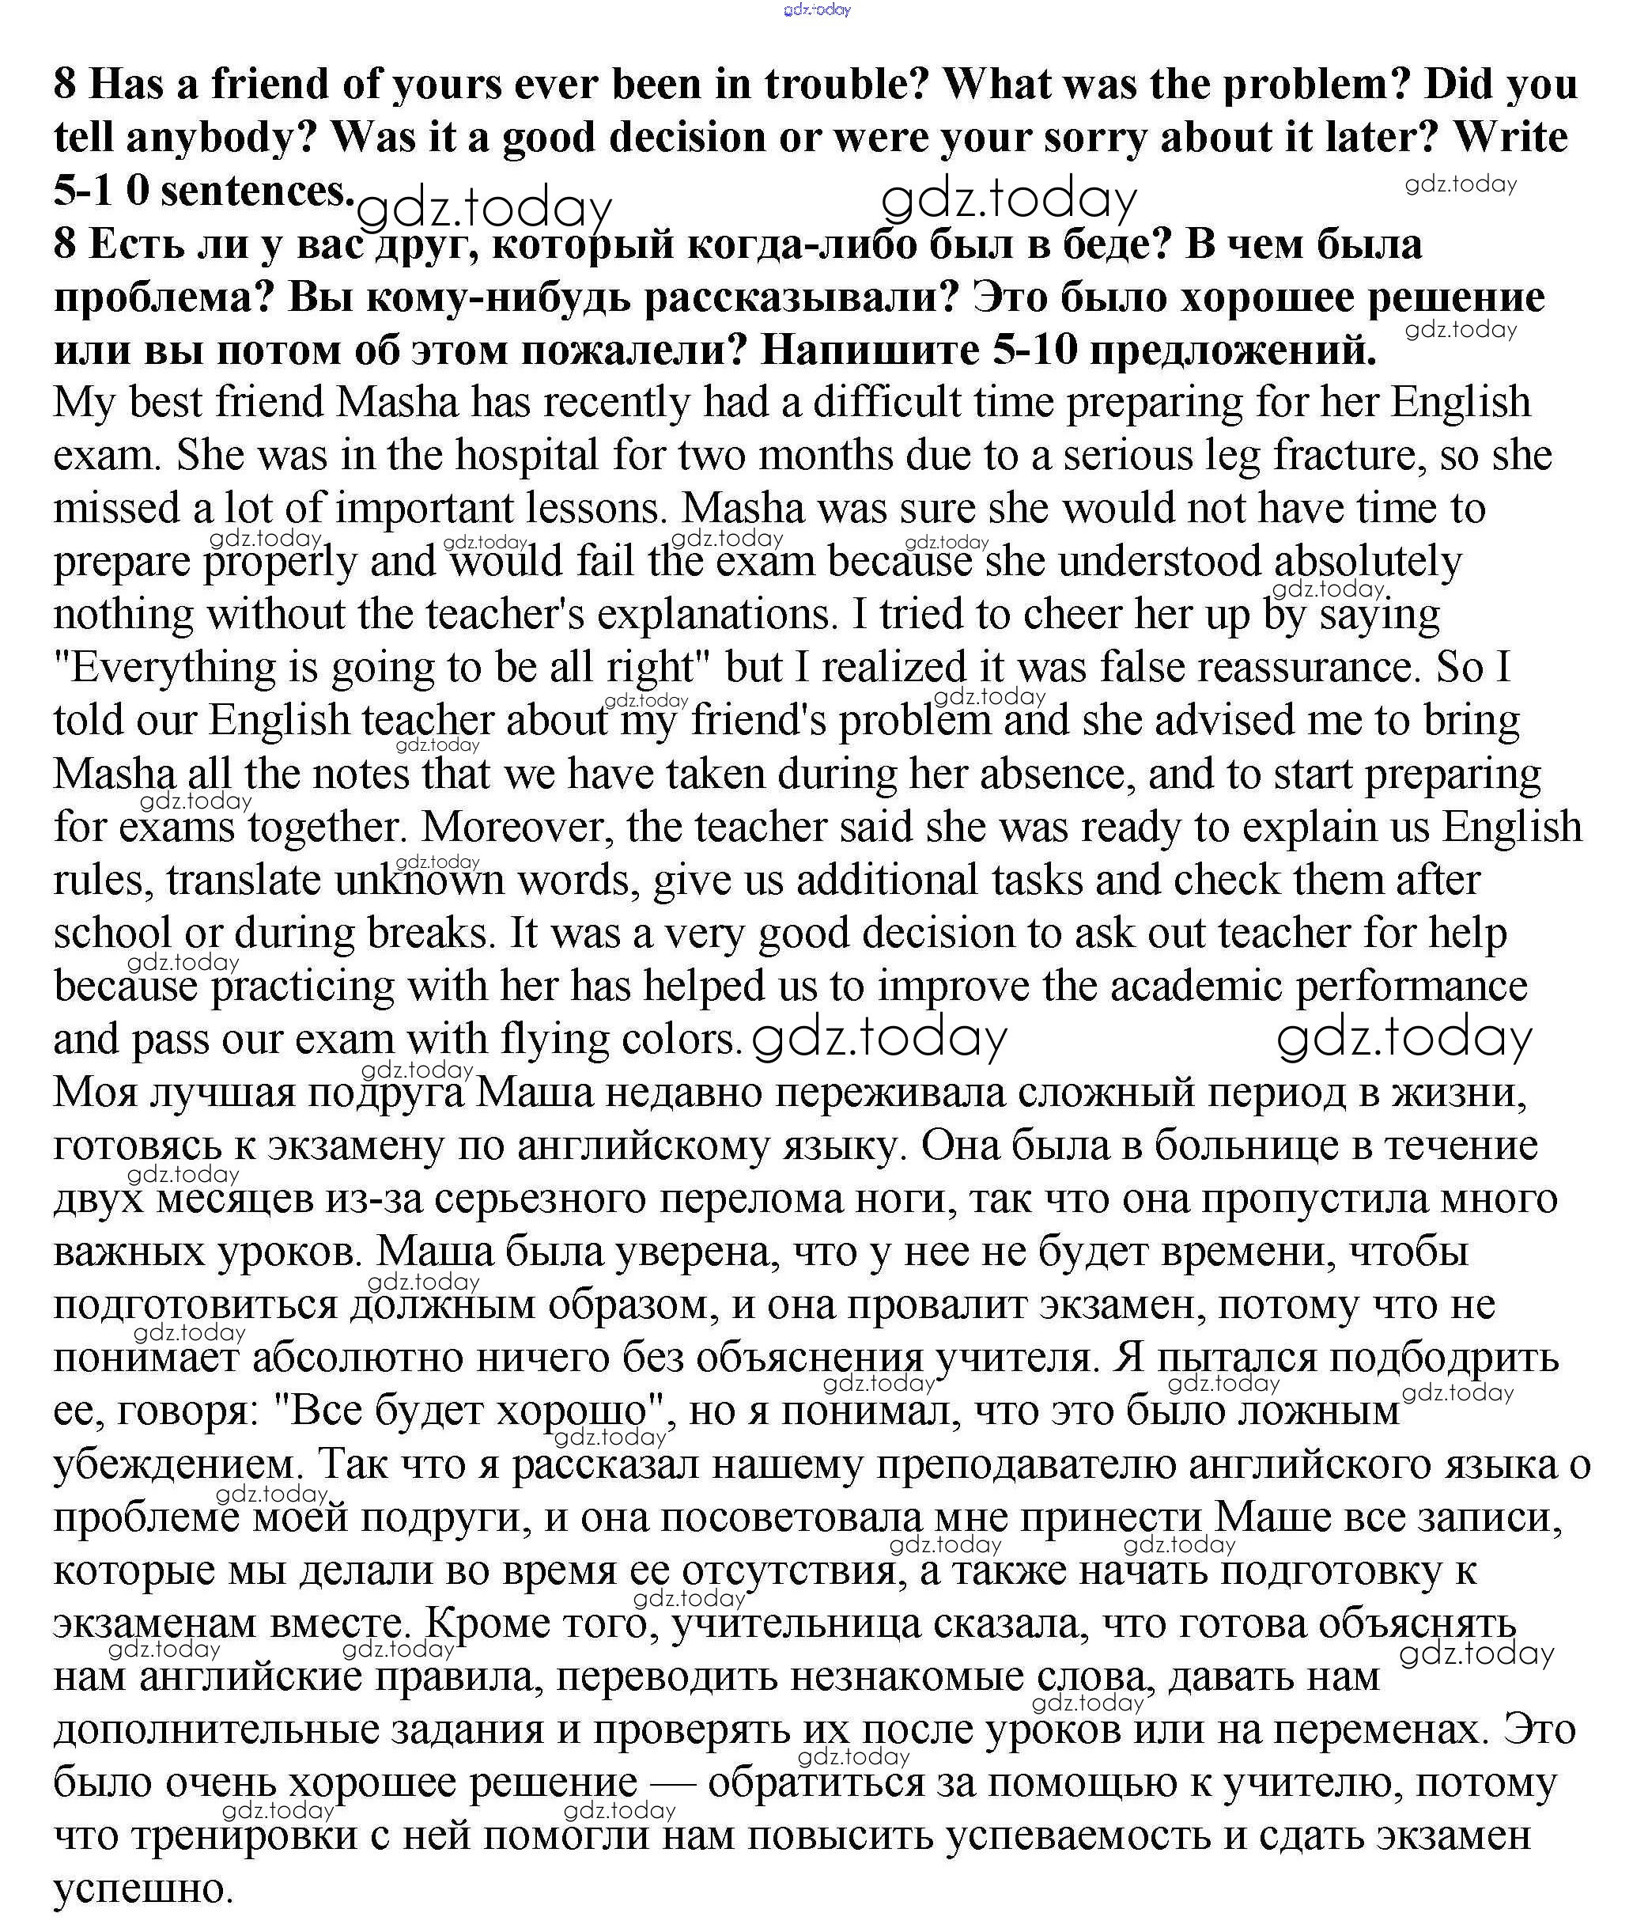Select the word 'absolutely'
tap(1367, 561)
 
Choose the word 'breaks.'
tap(432, 934)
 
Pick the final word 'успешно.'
tap(142, 1889)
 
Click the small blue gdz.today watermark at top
tap(816, 9)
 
